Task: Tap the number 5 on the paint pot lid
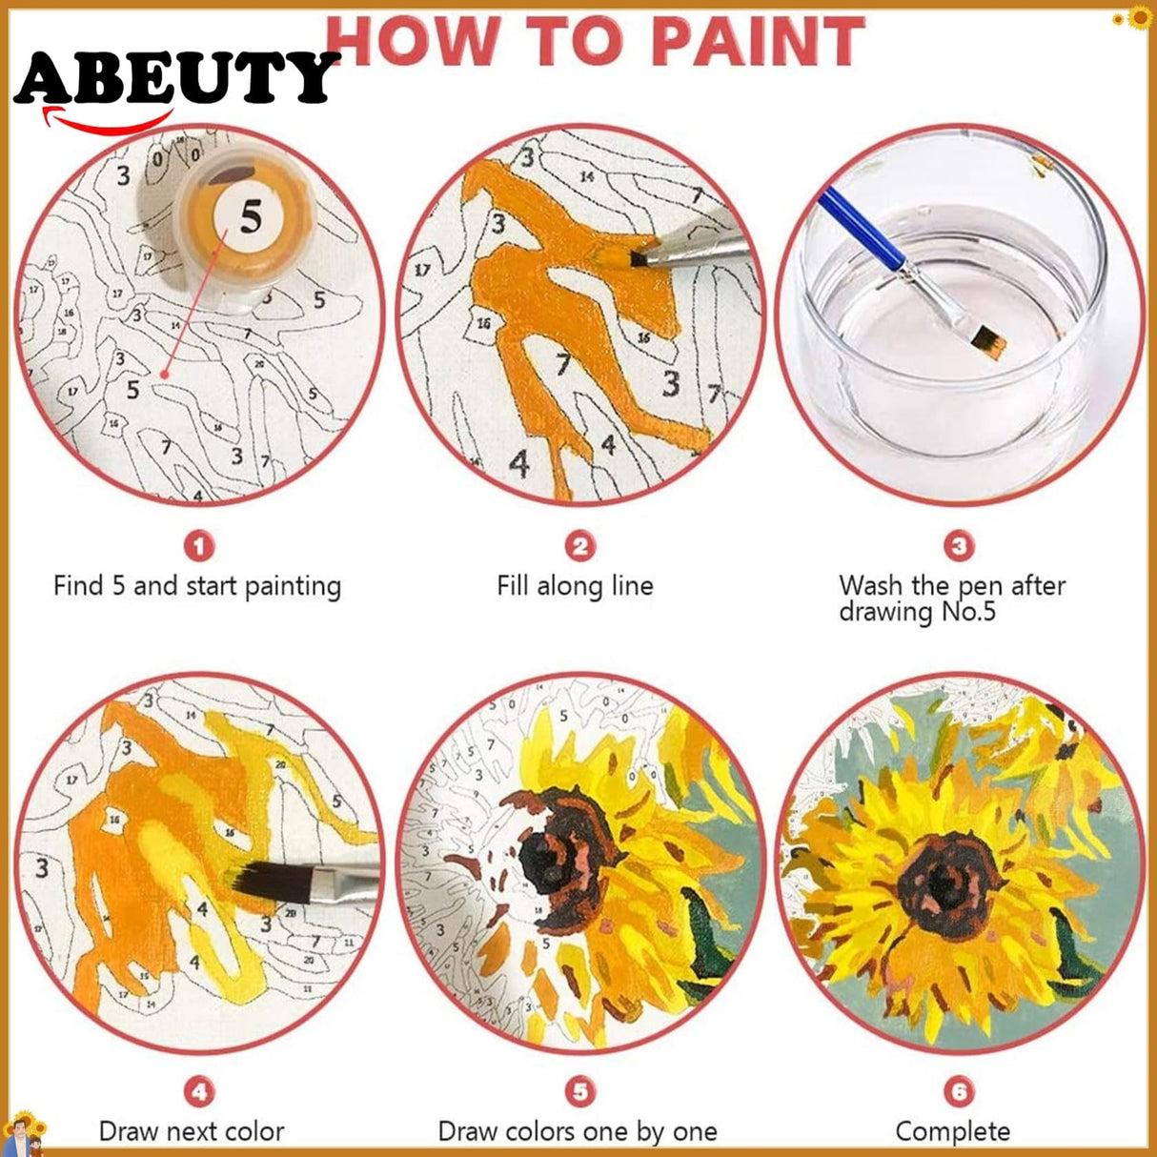coord(250,218)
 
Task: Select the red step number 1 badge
coord(198,546)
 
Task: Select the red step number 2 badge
coord(579,546)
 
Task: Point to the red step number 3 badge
coord(959,546)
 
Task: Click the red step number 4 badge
coord(198,1091)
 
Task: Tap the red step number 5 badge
coord(579,1091)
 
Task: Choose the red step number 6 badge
coord(959,1091)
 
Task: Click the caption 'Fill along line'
coord(575,585)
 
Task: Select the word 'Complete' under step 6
coord(952,1131)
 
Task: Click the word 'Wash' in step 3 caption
coord(870,585)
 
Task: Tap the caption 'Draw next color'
coord(192,1131)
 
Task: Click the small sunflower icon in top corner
coord(1139,17)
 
